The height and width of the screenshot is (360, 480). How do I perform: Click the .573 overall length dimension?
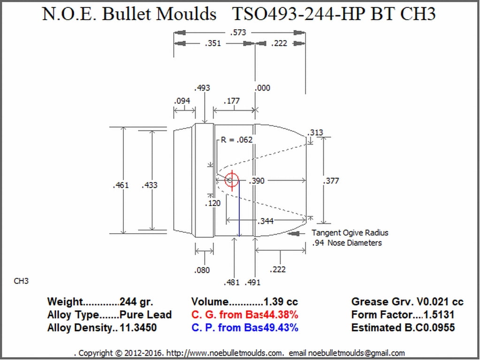point(238,32)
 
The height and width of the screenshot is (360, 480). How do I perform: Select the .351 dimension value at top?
point(213,43)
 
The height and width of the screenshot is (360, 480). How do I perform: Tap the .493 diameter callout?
point(202,88)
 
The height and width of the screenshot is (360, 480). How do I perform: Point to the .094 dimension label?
point(182,101)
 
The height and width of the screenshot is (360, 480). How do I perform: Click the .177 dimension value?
point(231,101)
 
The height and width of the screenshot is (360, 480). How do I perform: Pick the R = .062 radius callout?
point(236,140)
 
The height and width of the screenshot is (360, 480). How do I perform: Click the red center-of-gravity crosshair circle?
point(232,180)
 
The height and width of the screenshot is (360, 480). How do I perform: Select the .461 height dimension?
point(121,185)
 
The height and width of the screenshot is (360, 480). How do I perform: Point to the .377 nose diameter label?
point(331,181)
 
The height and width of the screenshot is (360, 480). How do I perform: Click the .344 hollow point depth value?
point(265,221)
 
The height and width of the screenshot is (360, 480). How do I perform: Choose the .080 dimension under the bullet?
point(202,270)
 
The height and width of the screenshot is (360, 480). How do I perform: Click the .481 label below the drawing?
point(231,282)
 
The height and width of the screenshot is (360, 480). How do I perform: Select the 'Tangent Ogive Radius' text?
point(350,233)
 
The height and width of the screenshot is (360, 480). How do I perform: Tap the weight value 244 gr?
point(136,302)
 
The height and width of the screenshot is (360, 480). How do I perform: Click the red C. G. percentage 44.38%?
point(281,314)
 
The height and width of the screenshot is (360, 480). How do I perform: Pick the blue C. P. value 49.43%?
point(281,328)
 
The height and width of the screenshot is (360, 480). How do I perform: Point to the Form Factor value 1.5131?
point(439,314)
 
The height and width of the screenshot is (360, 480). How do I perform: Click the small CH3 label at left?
point(21,281)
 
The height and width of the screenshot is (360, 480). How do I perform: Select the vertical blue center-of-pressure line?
point(239,208)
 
